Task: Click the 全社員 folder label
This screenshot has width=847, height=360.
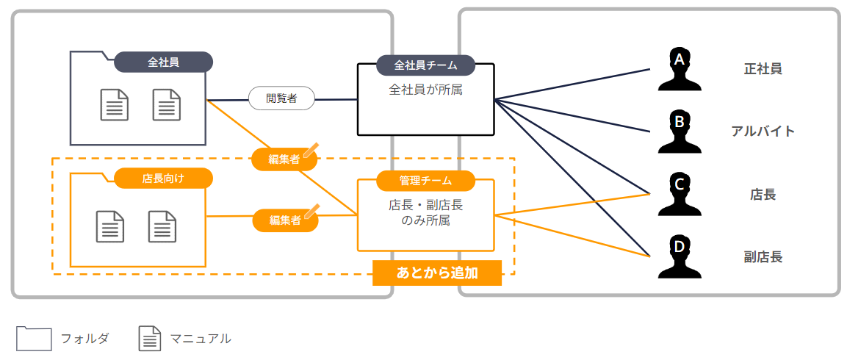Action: [163, 62]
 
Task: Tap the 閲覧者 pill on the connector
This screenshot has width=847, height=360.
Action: [281, 98]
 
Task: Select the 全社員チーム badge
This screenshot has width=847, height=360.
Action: [425, 65]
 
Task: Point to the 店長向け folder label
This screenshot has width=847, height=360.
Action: [163, 178]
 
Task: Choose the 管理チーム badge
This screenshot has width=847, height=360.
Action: [425, 180]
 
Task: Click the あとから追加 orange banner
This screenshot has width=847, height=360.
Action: [437, 273]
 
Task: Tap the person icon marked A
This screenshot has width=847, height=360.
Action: [680, 69]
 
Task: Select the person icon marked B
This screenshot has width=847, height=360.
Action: [680, 132]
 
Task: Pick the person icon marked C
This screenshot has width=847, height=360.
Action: [680, 194]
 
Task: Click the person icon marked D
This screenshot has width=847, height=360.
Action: [680, 256]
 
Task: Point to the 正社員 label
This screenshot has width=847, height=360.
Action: [763, 69]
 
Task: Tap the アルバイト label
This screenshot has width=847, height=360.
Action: [763, 132]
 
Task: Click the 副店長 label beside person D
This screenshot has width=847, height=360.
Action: [763, 257]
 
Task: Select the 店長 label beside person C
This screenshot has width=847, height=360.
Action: [763, 195]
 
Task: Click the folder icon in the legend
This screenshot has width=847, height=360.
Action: [34, 338]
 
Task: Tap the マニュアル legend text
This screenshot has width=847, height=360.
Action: [201, 339]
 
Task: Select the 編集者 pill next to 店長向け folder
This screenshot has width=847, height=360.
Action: [285, 220]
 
